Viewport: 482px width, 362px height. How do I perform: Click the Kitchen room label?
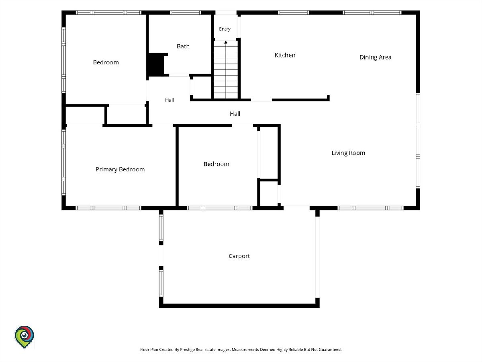coord(285,55)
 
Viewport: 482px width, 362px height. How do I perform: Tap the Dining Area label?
coord(375,58)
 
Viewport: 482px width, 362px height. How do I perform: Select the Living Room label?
coord(348,153)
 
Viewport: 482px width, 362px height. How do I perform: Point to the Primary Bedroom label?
coord(120,169)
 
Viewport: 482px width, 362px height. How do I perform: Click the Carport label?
coord(239,256)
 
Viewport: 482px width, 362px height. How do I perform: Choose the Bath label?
coord(183,46)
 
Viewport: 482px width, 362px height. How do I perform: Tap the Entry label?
coord(225,29)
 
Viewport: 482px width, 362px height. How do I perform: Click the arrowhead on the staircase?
coord(226,42)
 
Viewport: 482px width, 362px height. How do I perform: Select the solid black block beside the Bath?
coord(156,65)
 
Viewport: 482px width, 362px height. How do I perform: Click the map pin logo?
coord(24,337)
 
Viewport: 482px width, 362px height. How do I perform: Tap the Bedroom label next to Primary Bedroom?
coord(216,164)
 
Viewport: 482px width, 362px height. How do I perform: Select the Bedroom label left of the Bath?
coord(106,62)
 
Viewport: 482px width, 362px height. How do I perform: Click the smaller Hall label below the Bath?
coord(170,100)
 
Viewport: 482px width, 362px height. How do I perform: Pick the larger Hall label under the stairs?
coord(235,114)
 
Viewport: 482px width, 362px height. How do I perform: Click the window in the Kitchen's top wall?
coord(294,12)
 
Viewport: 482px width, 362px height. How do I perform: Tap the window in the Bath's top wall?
coord(186,12)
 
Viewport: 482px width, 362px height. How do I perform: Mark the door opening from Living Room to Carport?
coord(296,208)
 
